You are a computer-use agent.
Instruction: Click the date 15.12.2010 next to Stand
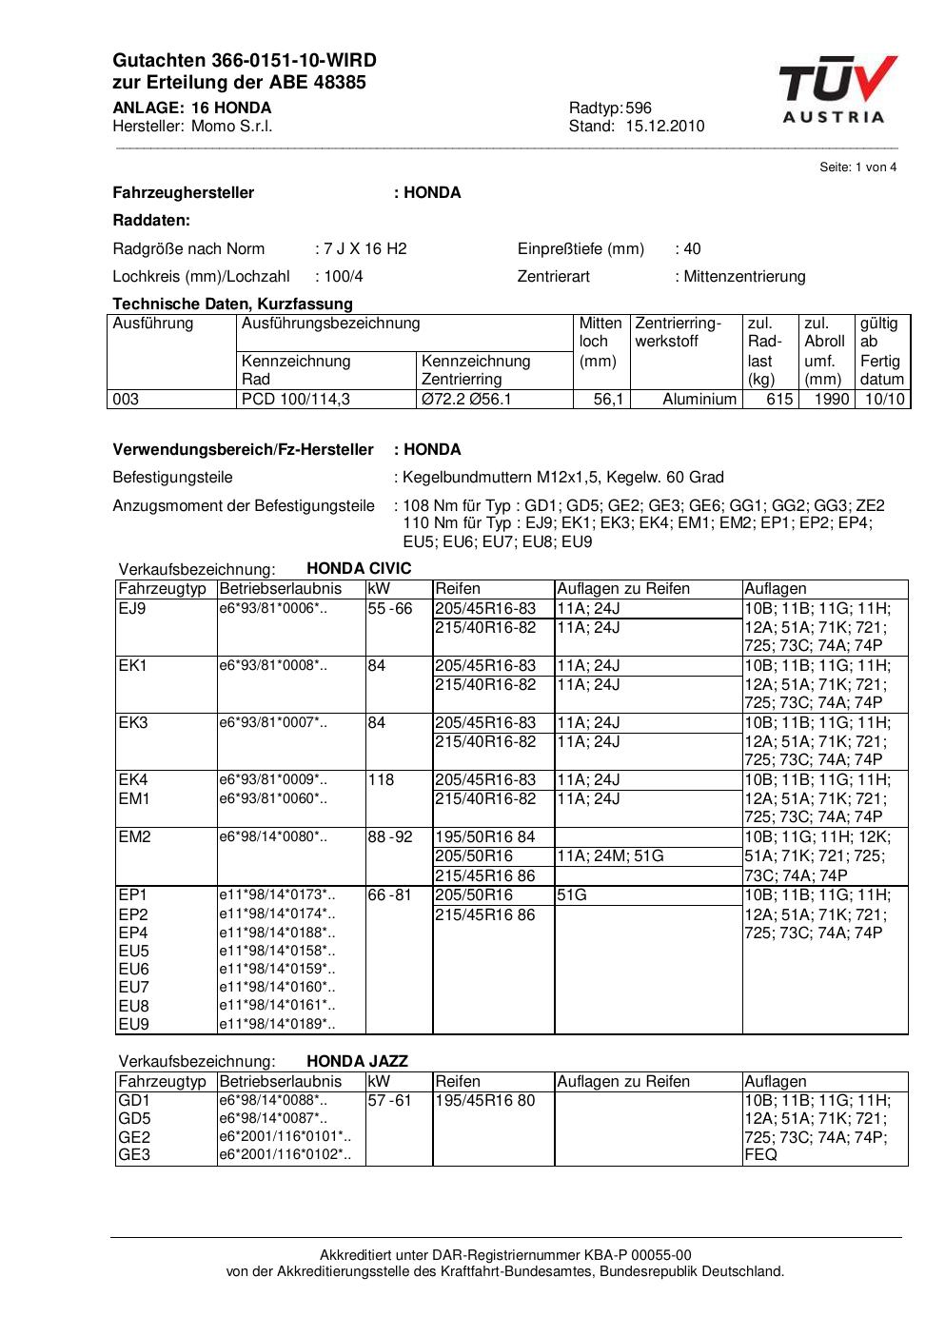point(664,127)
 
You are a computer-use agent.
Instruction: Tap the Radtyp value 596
point(639,108)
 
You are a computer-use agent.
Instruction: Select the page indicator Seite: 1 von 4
point(857,167)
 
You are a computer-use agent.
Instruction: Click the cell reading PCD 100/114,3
point(296,400)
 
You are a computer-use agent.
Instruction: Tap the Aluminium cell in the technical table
point(699,400)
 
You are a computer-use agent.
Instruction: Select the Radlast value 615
point(779,400)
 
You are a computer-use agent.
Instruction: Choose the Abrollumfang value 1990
point(831,400)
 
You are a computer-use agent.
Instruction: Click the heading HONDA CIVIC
point(359,569)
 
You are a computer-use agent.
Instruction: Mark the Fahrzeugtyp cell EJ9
point(131,609)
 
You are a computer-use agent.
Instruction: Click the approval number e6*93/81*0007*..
point(273,723)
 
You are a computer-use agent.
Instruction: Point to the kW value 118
point(381,780)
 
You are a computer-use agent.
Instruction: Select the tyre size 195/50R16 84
point(485,837)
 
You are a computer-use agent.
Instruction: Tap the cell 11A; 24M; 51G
point(610,856)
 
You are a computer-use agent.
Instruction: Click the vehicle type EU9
point(133,1025)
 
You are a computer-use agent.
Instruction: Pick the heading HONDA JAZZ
point(357,1062)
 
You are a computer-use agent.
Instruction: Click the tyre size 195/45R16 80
point(485,1101)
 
